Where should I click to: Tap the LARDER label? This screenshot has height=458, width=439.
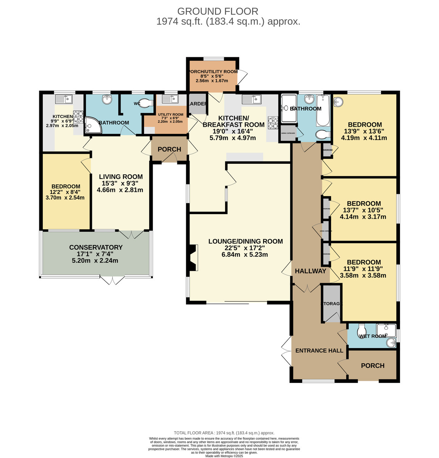tap(198, 103)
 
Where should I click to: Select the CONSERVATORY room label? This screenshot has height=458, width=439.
tap(96, 247)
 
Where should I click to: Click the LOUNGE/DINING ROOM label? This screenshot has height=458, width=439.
tap(245, 241)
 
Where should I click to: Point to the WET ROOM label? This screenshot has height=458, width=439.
tap(373, 336)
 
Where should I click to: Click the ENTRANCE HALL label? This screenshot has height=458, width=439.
tap(319, 350)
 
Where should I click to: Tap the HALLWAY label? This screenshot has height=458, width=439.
tap(310, 271)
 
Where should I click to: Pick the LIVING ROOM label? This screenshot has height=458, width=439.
tap(121, 177)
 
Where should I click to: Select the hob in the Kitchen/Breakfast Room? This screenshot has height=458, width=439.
tap(273, 122)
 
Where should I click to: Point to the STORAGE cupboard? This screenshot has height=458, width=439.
tap(331, 303)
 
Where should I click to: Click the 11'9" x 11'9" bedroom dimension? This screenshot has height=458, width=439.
tap(363, 269)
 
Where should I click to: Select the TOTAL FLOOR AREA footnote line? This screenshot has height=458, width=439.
tap(224, 433)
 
